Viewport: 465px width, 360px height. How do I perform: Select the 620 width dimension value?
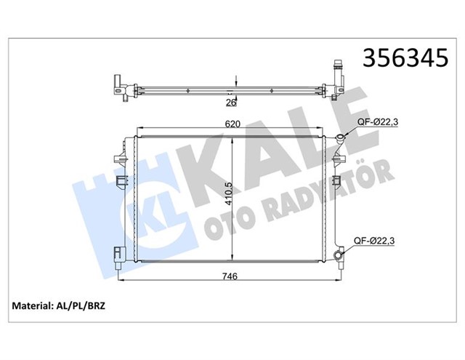(232, 125)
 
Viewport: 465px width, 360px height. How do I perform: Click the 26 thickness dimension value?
(231, 102)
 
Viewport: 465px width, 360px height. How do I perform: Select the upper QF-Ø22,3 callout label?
(376, 121)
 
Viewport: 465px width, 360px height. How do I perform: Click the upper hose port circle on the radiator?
(339, 138)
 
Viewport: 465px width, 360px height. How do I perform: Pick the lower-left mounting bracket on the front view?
(118, 254)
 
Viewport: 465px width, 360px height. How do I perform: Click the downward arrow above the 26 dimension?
(232, 81)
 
